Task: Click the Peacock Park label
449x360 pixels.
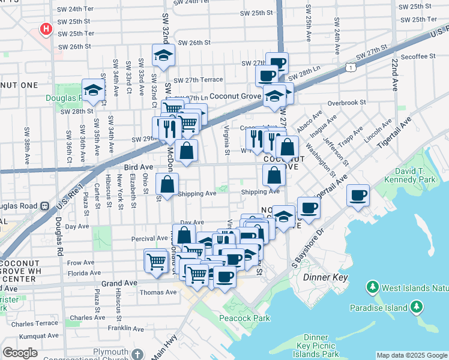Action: tap(244, 318)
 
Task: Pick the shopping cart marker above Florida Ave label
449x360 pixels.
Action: tap(155, 260)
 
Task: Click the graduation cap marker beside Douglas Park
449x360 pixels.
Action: tap(93, 90)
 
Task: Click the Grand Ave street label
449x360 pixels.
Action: tap(120, 282)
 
